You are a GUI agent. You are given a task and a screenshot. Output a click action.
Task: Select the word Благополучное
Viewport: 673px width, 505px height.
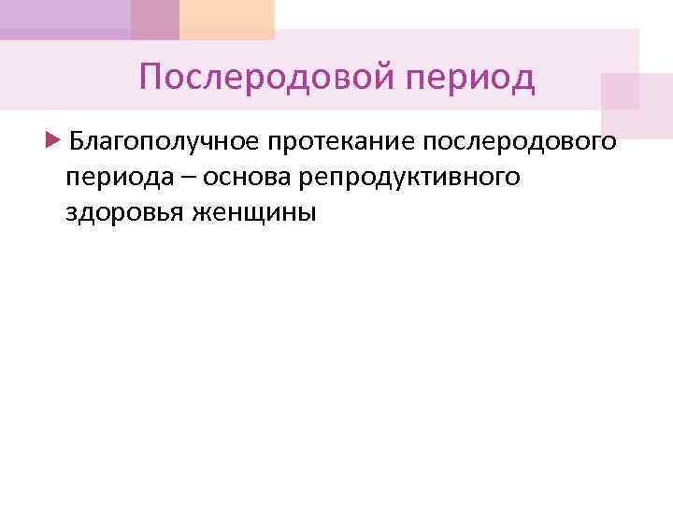165,142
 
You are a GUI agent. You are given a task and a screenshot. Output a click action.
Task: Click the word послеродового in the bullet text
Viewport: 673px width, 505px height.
520,142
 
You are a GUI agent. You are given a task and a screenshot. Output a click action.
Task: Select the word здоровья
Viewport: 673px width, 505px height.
125,212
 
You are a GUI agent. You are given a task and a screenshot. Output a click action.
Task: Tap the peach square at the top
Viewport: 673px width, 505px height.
227,19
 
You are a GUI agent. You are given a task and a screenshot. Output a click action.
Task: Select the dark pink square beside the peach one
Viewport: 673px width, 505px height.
155,19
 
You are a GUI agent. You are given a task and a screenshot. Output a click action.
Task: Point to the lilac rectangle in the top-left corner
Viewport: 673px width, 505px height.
65,19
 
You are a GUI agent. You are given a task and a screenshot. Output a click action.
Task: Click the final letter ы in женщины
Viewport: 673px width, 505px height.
308,212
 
